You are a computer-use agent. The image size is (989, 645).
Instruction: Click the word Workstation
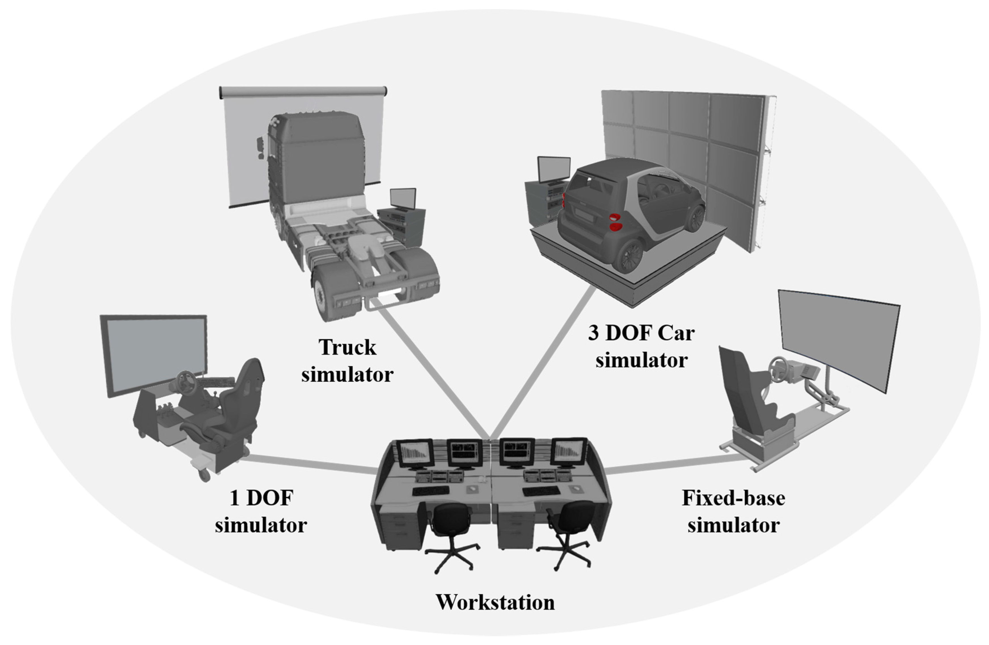[495, 602]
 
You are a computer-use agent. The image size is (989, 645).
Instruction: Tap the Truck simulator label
[347, 361]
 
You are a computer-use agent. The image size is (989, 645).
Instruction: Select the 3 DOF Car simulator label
[641, 346]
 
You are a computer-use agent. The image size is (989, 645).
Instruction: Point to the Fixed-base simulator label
[734, 511]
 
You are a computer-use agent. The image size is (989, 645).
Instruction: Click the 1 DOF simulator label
[261, 511]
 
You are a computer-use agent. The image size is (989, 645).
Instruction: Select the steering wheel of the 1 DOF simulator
[187, 382]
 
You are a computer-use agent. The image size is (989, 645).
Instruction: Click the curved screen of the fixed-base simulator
[837, 339]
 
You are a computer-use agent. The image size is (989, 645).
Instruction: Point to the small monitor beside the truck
[403, 198]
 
